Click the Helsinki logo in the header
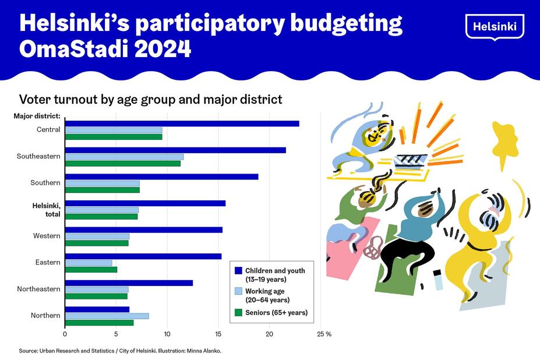point(495,26)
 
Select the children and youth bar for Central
point(182,123)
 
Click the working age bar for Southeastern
point(124,157)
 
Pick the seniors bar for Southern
point(102,190)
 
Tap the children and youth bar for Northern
point(97,309)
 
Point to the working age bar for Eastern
point(88,263)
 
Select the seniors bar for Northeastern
point(96,296)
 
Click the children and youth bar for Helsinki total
point(145,203)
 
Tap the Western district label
point(47,236)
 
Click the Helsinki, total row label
point(47,209)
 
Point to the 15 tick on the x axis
point(218,334)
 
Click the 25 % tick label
point(324,334)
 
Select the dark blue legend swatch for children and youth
point(238,271)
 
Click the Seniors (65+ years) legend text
point(276,313)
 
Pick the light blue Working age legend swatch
point(238,291)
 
